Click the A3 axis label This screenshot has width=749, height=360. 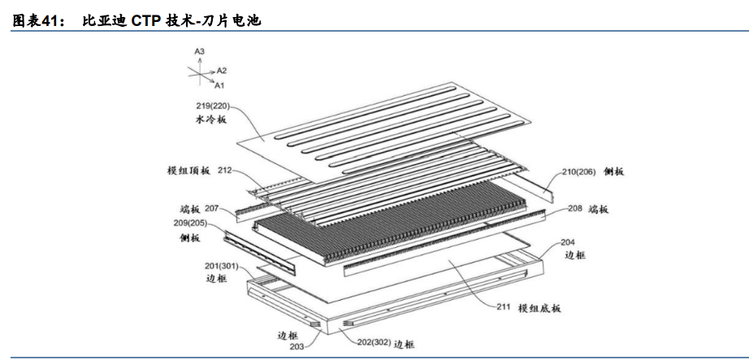(x=199, y=51)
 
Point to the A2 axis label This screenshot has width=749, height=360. (x=222, y=71)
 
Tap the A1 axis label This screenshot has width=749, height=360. (x=219, y=85)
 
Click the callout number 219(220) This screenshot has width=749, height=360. (x=211, y=105)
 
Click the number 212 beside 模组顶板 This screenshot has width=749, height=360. (x=225, y=170)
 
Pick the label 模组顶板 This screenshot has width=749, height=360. (x=188, y=171)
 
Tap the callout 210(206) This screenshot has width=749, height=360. (x=578, y=172)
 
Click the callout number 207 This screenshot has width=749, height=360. (x=211, y=208)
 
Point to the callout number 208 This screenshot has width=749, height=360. (x=575, y=209)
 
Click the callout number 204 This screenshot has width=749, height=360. (x=568, y=242)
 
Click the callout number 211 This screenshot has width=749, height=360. (x=504, y=306)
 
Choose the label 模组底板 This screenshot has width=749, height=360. (x=539, y=308)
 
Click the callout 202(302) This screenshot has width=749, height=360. (x=374, y=343)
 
